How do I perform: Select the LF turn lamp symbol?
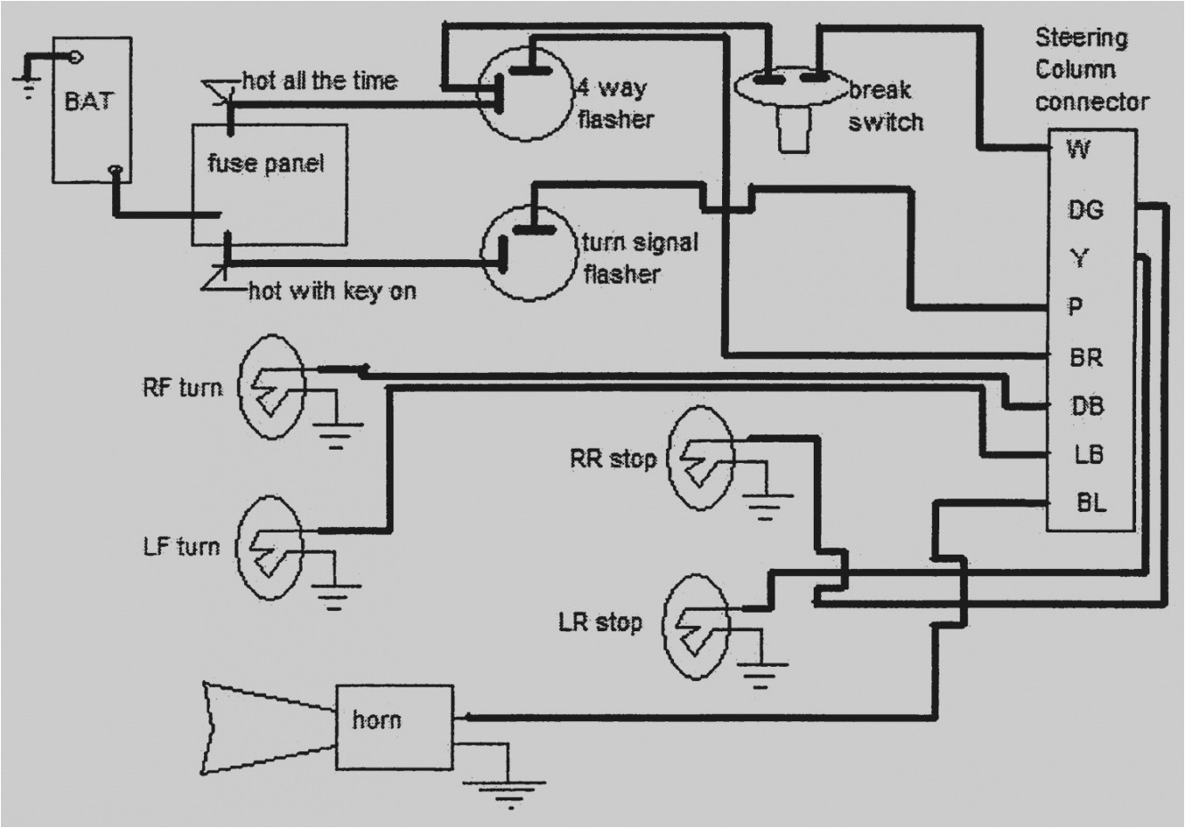[270, 548]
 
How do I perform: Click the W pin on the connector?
[1078, 150]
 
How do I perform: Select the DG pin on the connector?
[1085, 210]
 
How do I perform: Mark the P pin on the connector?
[1075, 307]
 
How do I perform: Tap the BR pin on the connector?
[1085, 357]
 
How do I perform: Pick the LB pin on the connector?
[1088, 454]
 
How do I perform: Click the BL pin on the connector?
[1091, 503]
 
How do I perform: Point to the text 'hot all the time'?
[319, 81]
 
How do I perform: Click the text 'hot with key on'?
[331, 291]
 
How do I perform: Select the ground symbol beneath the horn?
[508, 789]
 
